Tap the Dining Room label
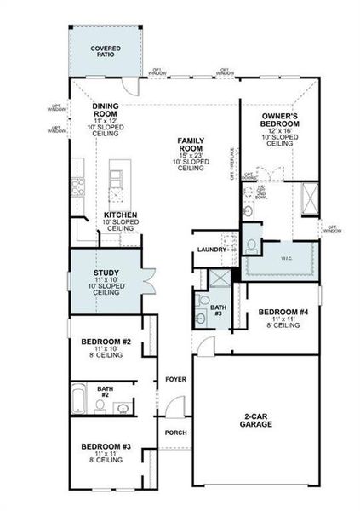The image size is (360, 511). coord(106,111)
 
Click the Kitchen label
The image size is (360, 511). coord(119,215)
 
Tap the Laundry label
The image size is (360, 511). coord(210,249)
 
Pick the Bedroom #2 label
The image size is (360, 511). coord(106,342)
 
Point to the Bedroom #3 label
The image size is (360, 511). coord(106,446)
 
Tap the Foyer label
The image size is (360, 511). coord(175,380)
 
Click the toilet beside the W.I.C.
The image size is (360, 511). coord(251,244)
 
